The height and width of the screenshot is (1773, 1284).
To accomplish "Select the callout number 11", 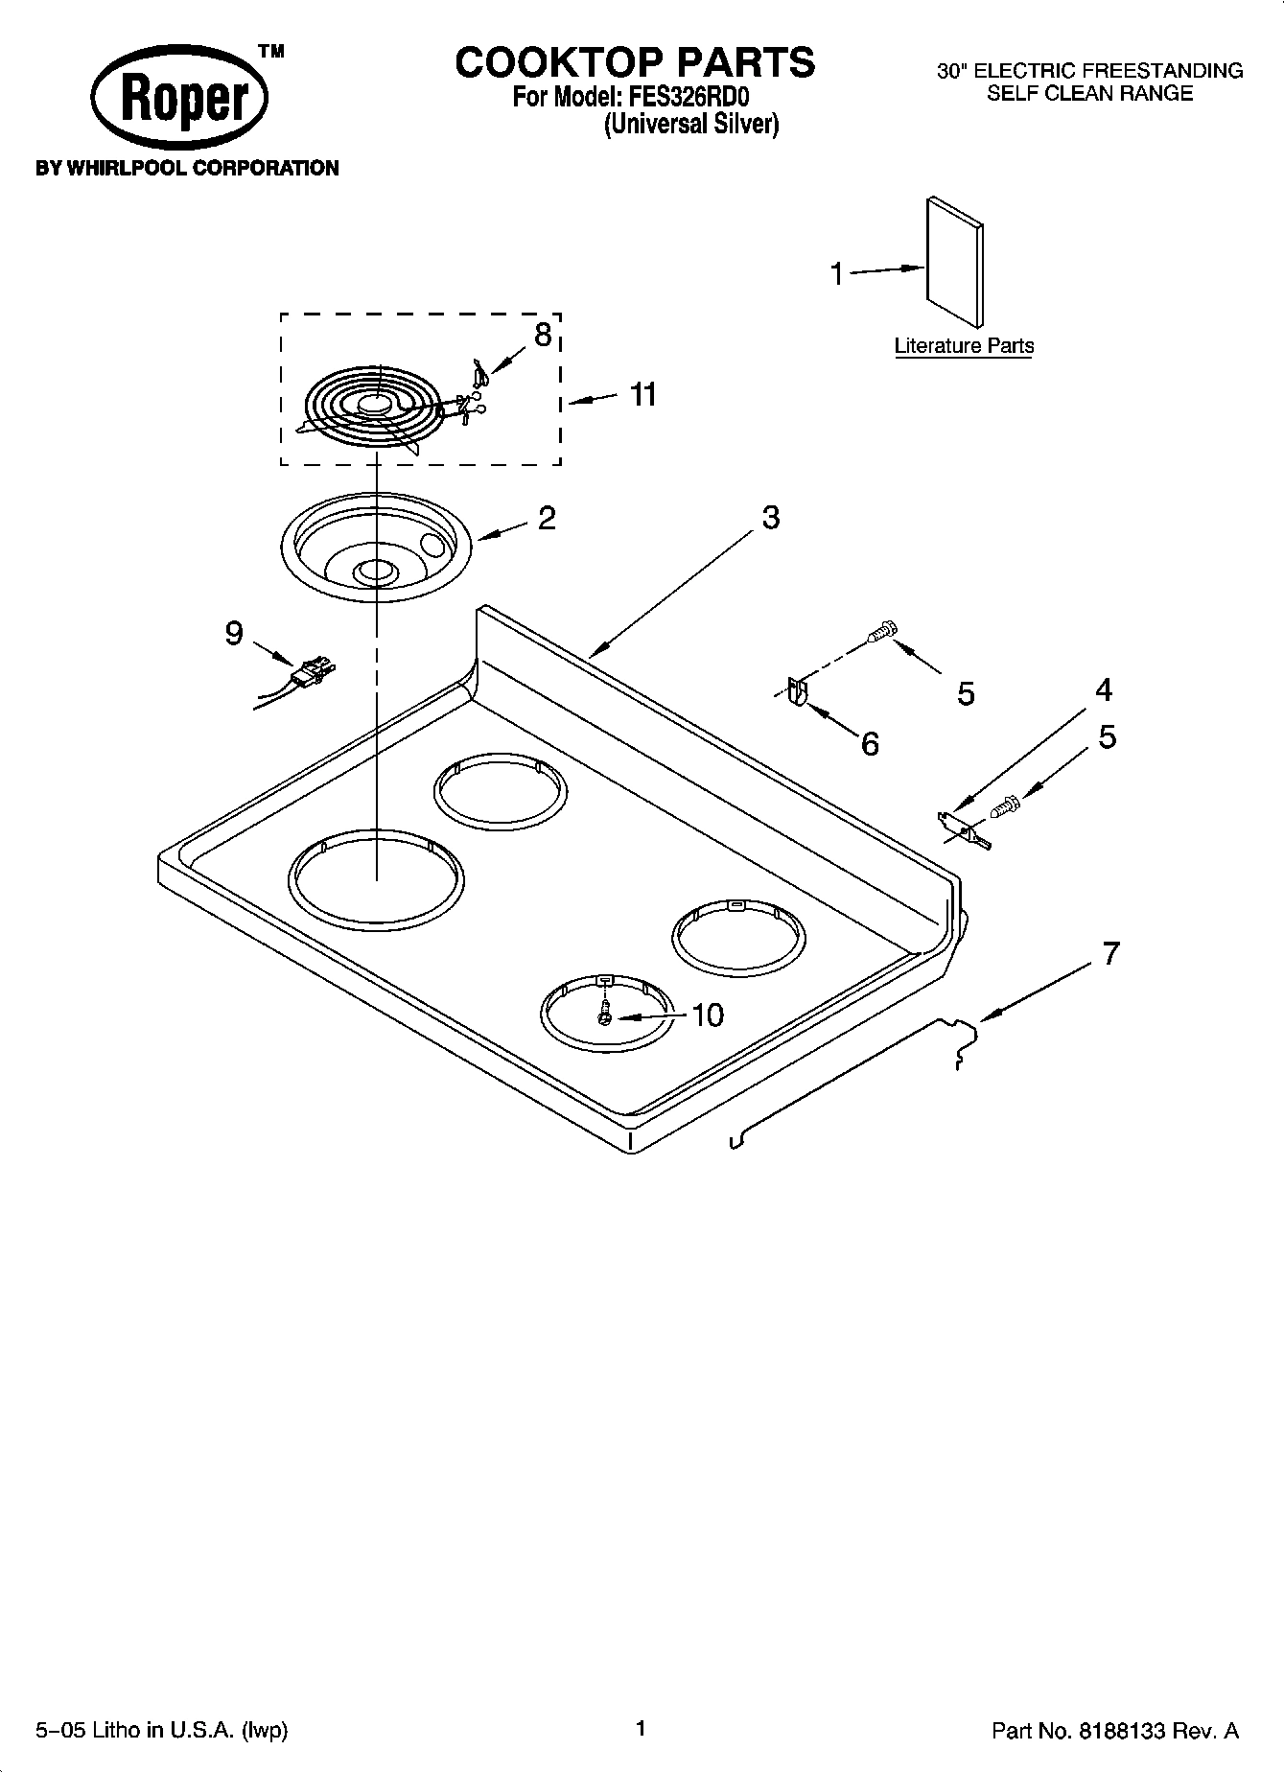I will coord(642,394).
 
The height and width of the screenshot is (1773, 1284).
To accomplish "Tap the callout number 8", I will coord(543,336).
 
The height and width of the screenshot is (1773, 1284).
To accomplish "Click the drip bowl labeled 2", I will coord(376,547).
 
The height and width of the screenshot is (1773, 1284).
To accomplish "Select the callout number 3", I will coord(770,518).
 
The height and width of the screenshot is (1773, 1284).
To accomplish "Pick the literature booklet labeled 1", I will coord(954,261).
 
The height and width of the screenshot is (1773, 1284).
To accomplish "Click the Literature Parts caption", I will coord(964,346).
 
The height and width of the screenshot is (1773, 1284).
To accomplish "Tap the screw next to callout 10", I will coord(604,1012).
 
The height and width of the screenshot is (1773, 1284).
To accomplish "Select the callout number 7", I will coord(1110,953).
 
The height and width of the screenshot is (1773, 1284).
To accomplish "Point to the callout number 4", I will coord(1104,690).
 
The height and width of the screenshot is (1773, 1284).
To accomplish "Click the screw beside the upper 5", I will coord(882,631).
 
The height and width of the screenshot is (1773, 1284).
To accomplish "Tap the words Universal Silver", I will coord(690,125).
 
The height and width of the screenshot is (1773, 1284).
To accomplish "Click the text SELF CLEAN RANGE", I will coord(1089,94).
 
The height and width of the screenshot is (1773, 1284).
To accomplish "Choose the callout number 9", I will coord(234,634).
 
